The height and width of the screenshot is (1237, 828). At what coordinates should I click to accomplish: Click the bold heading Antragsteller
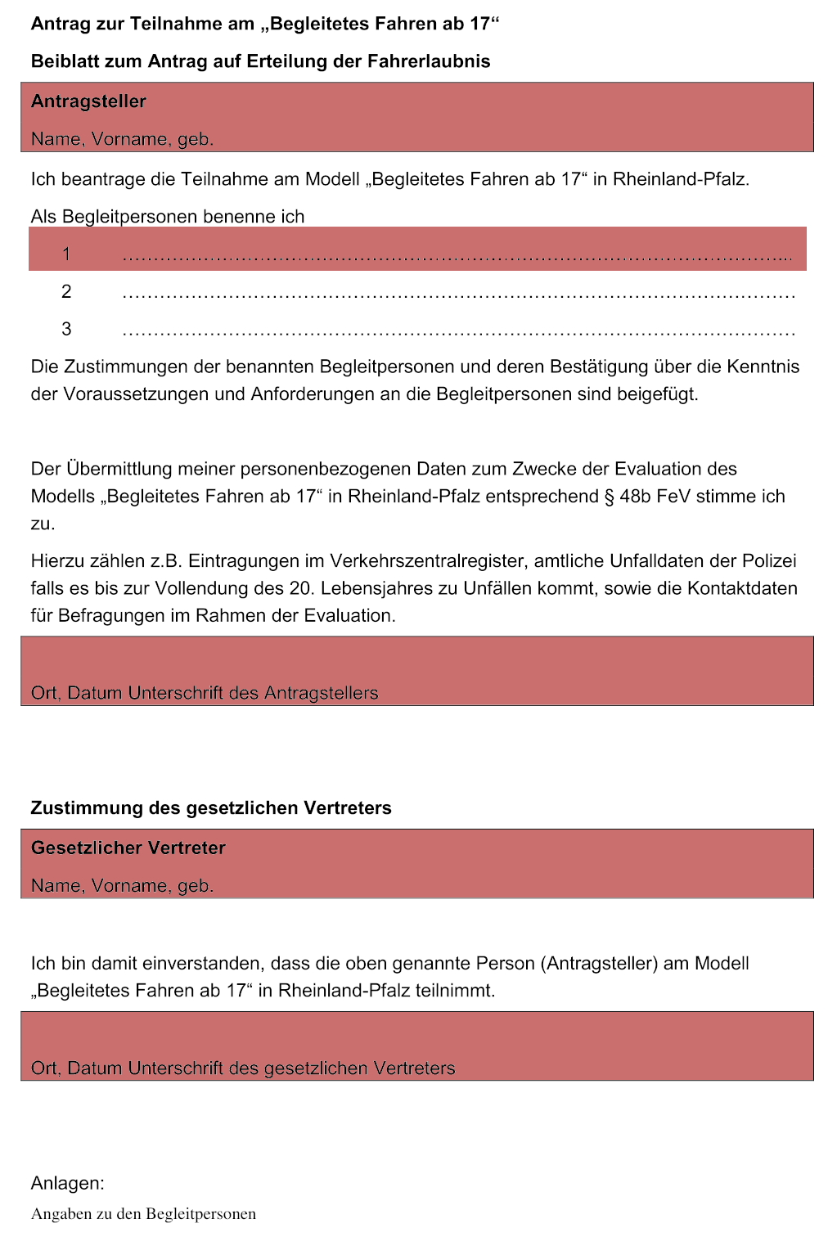click(x=88, y=101)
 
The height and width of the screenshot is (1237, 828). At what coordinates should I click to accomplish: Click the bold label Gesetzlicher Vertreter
click(x=128, y=848)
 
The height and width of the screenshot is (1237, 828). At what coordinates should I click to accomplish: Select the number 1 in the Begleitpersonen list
click(x=66, y=254)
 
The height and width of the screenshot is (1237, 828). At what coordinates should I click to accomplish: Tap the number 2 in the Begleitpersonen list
click(x=66, y=291)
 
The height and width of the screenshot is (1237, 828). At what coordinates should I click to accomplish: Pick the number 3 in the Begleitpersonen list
click(x=66, y=329)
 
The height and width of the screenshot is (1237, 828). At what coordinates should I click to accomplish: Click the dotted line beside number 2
click(x=458, y=295)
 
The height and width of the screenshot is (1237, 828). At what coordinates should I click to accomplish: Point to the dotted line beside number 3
click(x=458, y=332)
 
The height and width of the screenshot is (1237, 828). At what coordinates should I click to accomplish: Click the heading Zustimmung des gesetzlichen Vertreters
click(x=211, y=807)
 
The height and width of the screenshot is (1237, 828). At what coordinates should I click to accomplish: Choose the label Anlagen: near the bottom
click(x=67, y=1182)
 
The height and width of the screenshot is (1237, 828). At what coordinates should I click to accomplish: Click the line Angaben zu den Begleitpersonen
click(x=143, y=1214)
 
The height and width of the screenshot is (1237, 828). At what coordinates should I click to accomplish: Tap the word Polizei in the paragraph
click(x=769, y=560)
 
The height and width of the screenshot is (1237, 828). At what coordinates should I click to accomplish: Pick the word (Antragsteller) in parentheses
click(x=599, y=963)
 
